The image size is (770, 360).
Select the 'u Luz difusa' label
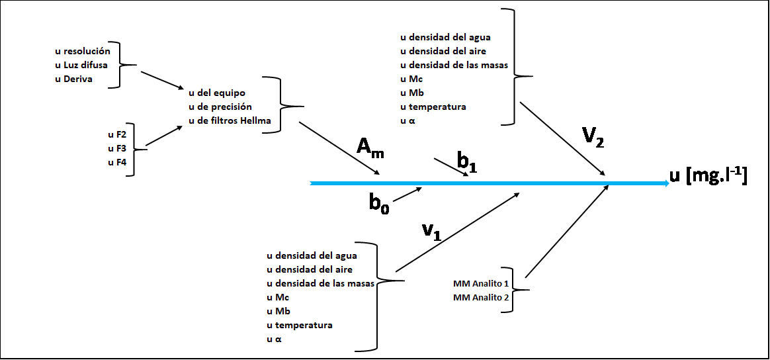(81, 65)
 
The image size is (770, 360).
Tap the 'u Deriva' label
(73, 79)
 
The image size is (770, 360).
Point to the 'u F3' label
(117, 148)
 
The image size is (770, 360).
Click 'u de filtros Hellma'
(230, 120)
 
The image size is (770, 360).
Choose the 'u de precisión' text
(220, 107)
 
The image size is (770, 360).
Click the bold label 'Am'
(370, 148)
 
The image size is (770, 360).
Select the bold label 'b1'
(467, 160)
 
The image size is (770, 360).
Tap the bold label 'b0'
(379, 202)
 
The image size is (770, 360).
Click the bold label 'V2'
(593, 137)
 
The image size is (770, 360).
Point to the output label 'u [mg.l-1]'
(708, 176)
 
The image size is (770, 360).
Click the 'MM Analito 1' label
(481, 283)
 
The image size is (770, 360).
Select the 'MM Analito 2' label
(481, 298)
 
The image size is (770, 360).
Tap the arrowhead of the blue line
(664, 183)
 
